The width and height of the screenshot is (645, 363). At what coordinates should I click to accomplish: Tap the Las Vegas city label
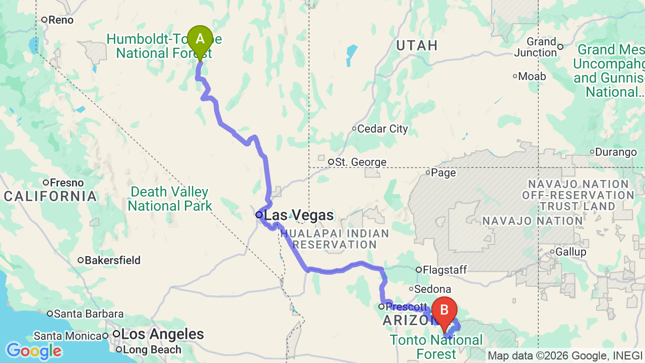click(298, 215)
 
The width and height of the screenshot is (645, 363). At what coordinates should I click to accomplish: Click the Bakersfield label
click(112, 261)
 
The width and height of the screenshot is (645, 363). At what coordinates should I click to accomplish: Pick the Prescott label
click(407, 307)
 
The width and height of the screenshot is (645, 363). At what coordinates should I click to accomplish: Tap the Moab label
click(532, 77)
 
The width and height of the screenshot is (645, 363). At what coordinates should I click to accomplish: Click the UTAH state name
click(417, 45)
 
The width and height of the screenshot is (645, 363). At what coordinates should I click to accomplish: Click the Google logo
click(33, 351)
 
